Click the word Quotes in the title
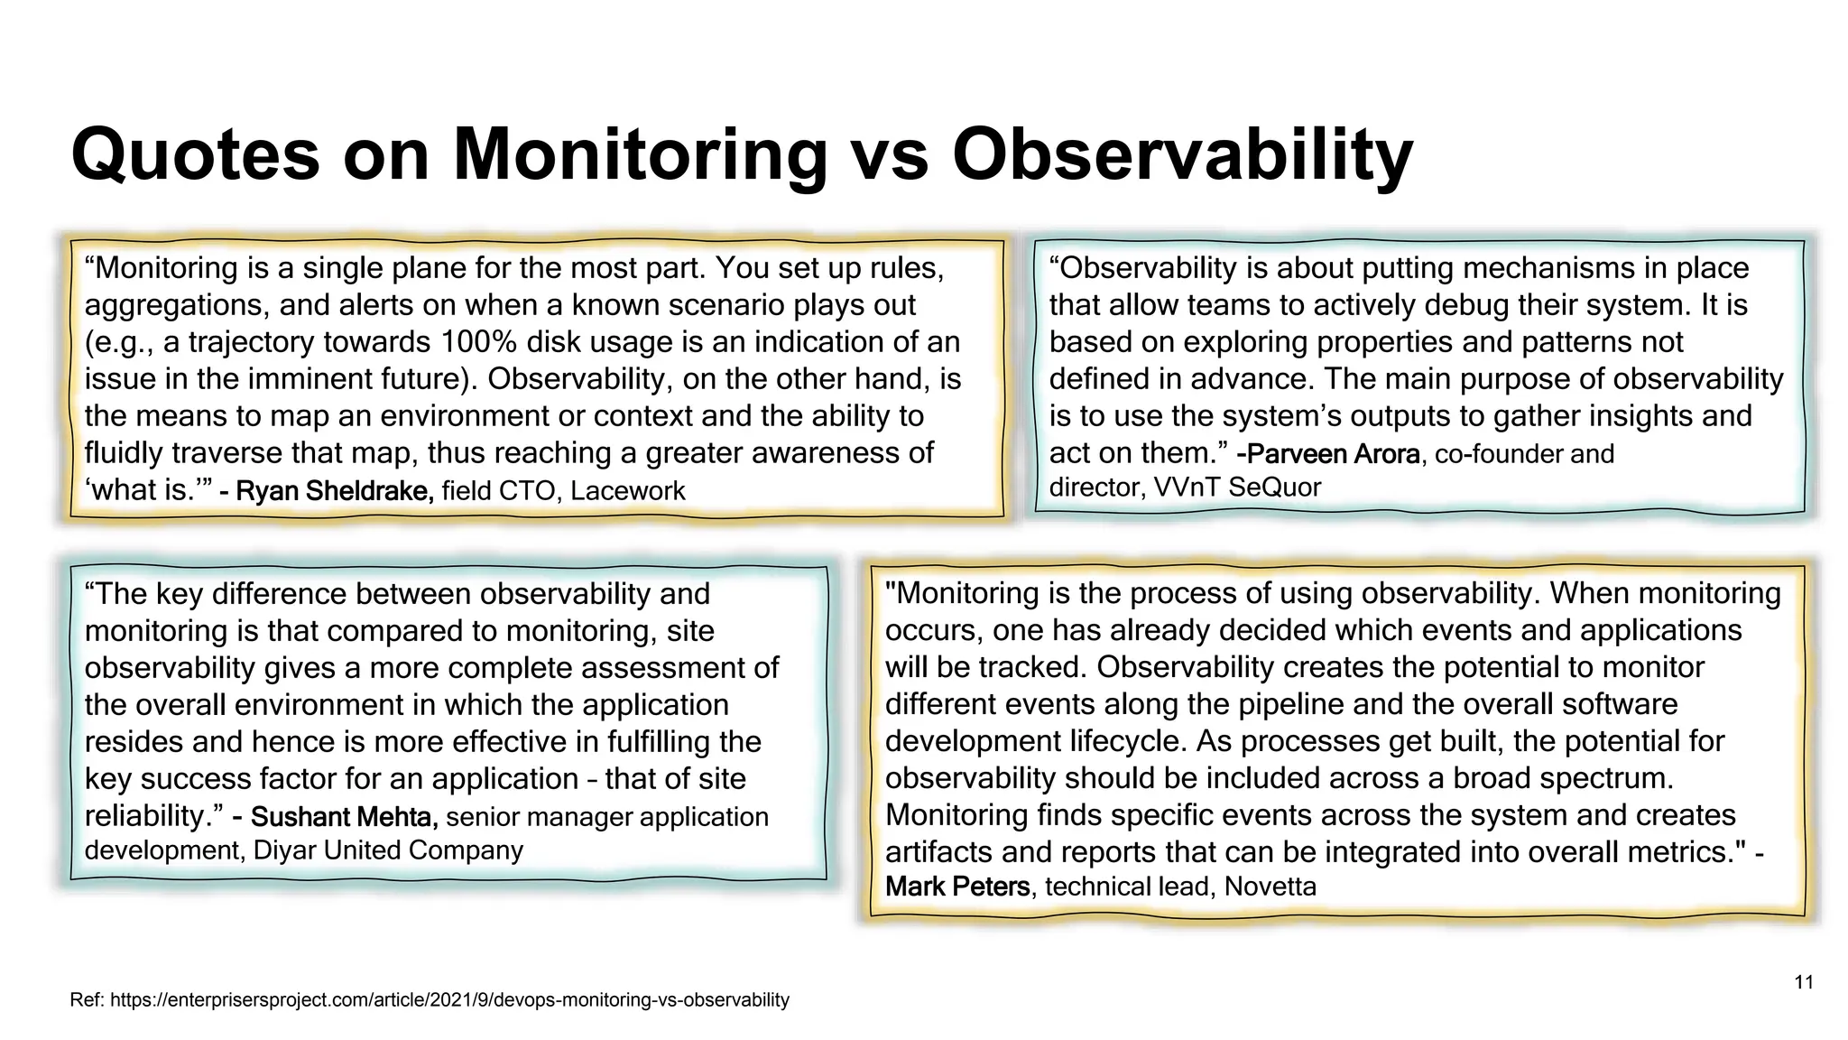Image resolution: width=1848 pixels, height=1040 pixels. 195,155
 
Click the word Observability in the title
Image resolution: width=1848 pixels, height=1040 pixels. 1182,155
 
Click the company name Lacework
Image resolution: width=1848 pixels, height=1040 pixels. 628,491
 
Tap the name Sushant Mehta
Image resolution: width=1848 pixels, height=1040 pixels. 344,817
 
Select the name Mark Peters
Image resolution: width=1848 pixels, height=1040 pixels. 957,887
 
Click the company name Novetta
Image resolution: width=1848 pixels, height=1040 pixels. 1270,887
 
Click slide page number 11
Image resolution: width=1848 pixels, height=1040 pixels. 1804,982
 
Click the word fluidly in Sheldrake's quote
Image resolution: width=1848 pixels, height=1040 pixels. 124,453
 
